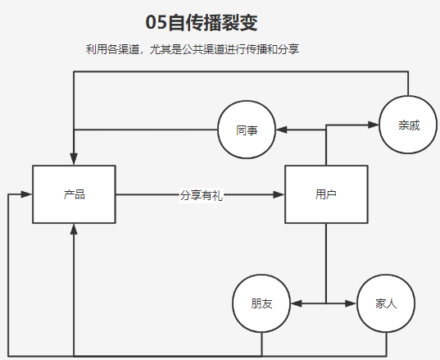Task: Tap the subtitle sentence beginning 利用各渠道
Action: [x=193, y=49]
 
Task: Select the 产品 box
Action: [x=74, y=194]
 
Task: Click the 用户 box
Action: [x=326, y=194]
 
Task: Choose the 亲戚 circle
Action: [x=409, y=125]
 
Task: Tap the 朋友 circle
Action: [x=261, y=303]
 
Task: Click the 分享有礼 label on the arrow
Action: [x=201, y=195]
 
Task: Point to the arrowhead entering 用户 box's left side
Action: [x=279, y=194]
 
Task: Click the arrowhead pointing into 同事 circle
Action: [x=280, y=130]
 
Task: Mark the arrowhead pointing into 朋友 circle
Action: [x=296, y=303]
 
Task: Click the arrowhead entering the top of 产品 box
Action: [x=74, y=160]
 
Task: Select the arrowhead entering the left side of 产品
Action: [x=27, y=194]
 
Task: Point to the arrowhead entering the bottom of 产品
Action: [x=74, y=229]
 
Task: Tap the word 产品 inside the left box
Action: [x=74, y=194]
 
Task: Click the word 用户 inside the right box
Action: [x=326, y=194]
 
